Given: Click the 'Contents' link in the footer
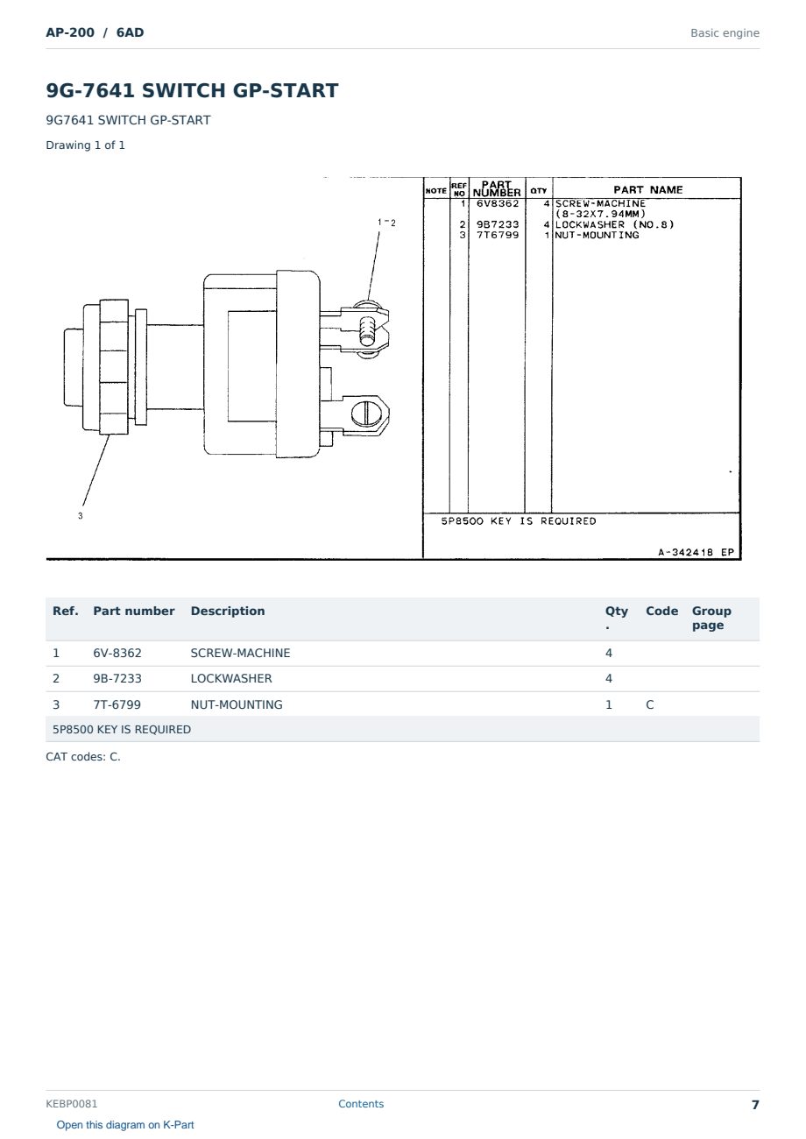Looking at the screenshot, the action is (361, 1103).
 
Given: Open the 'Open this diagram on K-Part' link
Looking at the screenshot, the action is (125, 1124).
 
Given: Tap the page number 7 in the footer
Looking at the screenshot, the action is (755, 1105).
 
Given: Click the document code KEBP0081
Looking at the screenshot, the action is (72, 1103).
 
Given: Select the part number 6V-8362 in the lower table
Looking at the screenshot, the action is (117, 653).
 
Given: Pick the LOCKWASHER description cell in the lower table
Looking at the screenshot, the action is (231, 678).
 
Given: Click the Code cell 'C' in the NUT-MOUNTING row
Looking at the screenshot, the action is (649, 704).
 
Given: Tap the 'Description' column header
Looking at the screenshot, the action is (228, 611).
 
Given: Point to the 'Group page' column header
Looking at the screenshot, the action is (711, 618).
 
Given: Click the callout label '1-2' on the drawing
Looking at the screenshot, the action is (386, 223).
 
